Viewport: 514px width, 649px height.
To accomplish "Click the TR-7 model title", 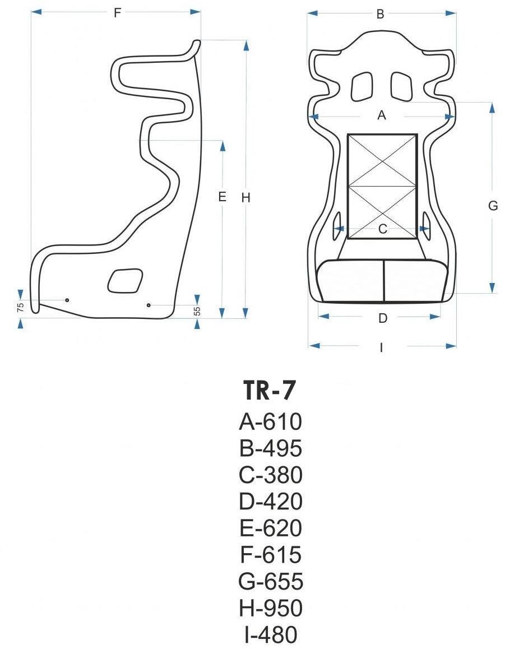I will [x=270, y=391].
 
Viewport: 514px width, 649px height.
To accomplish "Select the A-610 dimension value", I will [x=270, y=421].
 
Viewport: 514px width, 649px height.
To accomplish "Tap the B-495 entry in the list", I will [x=270, y=448].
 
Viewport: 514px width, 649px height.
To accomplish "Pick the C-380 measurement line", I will [x=270, y=475].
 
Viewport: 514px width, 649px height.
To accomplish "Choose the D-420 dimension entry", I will [x=270, y=501].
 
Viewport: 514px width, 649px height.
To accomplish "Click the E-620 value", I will [x=270, y=528].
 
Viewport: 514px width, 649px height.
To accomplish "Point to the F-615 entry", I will [x=270, y=555].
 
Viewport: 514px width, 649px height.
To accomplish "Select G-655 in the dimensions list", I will [x=270, y=581].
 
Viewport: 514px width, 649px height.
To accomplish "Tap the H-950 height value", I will [x=270, y=608].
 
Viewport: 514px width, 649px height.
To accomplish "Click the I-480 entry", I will [x=270, y=634].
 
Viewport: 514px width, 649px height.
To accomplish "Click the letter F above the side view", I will [x=117, y=13].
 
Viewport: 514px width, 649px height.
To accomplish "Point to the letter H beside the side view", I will [x=246, y=197].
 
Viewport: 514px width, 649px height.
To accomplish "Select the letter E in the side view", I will [x=222, y=197].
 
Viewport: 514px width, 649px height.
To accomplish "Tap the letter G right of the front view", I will [x=493, y=206].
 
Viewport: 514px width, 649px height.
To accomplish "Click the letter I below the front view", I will [x=381, y=347].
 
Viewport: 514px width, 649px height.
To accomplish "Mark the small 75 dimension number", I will [x=20, y=307].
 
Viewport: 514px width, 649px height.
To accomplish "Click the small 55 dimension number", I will [x=197, y=310].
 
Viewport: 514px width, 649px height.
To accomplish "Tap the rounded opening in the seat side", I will [x=125, y=280].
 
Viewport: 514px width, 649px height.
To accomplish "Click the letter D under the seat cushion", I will [x=382, y=318].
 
